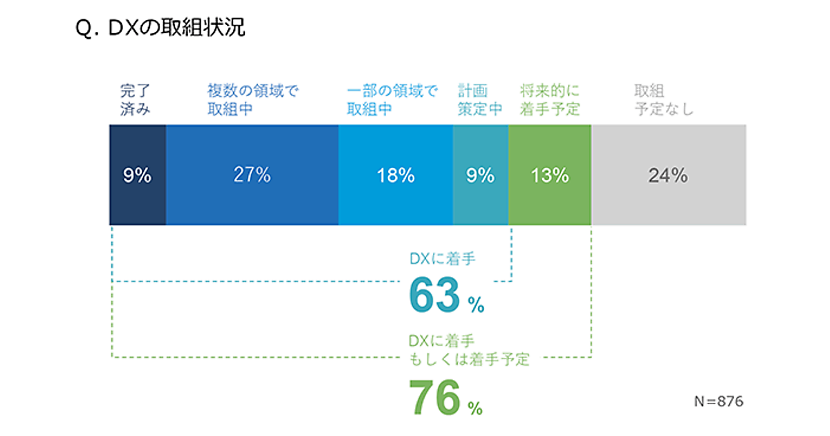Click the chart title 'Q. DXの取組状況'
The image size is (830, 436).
coord(160,29)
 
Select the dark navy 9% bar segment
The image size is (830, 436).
coord(138,175)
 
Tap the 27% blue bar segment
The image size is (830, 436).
coord(252,175)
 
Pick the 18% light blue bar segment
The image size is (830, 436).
coord(396,175)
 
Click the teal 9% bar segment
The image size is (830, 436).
coord(481,175)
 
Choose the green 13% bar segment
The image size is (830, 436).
coord(550,175)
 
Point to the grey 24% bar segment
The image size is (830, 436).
coord(668,175)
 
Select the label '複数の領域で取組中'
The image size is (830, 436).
coord(253,100)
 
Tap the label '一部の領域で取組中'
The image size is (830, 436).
coord(393,100)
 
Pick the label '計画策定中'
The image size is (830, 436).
coord(480,100)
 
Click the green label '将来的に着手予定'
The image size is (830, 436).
coord(550,100)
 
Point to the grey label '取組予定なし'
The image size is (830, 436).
coord(664,100)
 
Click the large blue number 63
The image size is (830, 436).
coord(434,296)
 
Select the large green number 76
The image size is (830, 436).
coord(434,398)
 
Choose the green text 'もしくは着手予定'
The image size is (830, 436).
coord(468,360)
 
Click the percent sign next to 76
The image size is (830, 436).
coord(474,409)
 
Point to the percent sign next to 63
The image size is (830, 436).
coord(476,305)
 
